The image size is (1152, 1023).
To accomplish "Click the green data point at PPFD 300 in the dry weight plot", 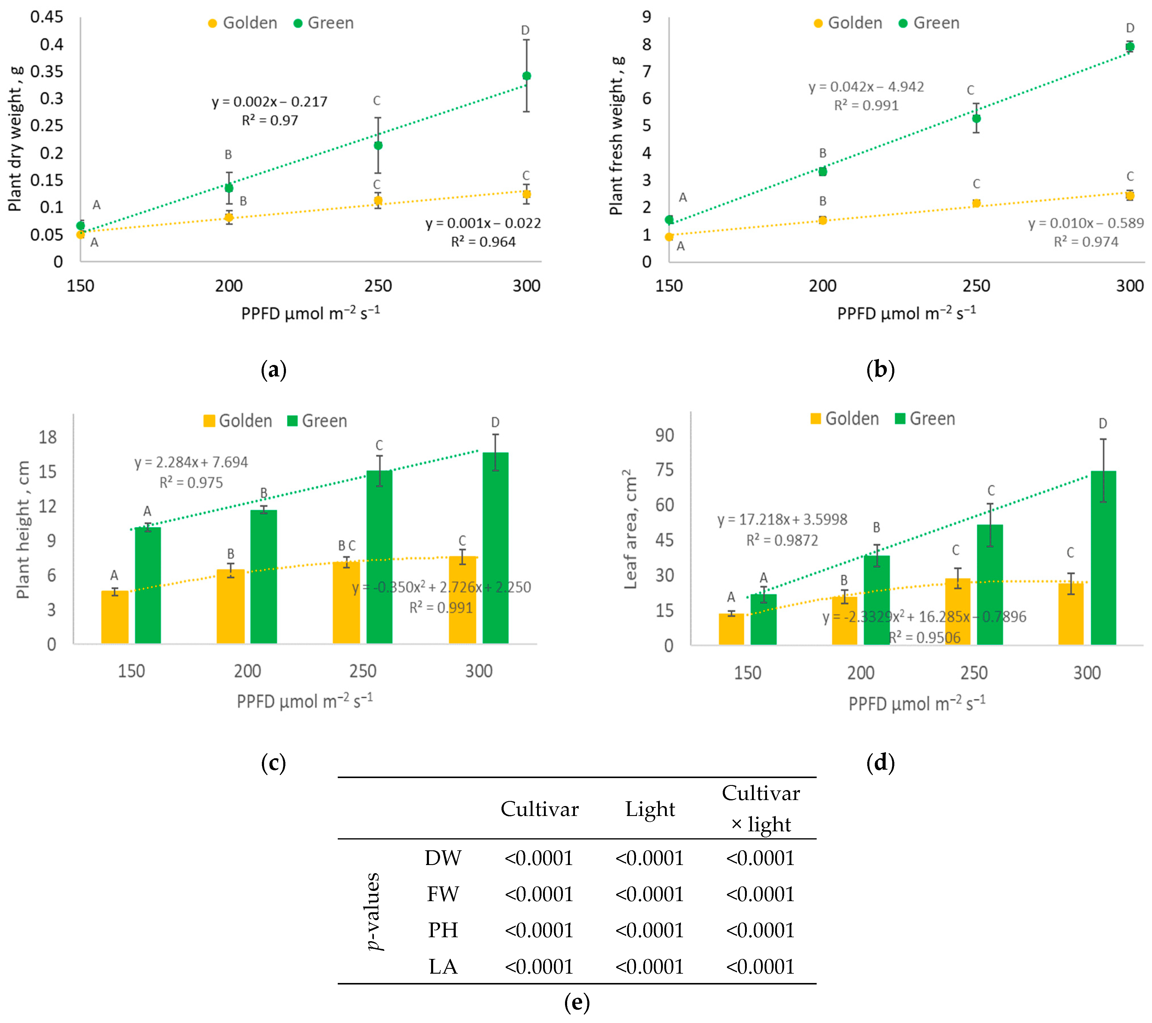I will tap(526, 76).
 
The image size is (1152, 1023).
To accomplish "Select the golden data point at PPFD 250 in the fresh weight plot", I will tap(976, 203).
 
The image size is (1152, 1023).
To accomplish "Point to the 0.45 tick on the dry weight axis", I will tap(47, 17).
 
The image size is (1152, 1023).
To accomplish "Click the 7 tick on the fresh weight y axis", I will tap(647, 72).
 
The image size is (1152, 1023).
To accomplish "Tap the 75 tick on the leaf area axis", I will tap(664, 470).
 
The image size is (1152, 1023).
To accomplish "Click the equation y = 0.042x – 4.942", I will tap(866, 87).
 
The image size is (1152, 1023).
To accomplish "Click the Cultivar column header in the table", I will tap(539, 809).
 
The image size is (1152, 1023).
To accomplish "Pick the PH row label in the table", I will tap(443, 930).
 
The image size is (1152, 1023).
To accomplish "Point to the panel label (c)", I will tap(274, 763).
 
